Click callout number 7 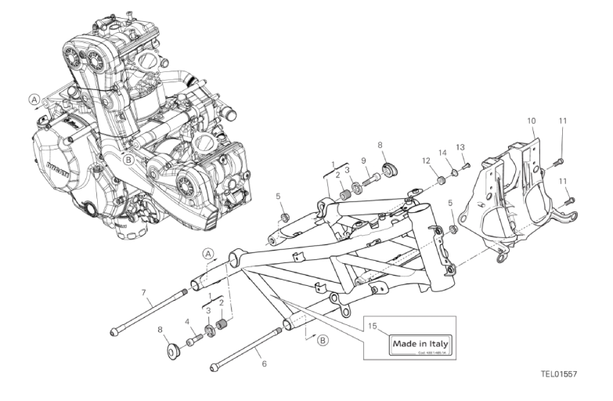click(x=143, y=293)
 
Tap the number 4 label click(x=186, y=321)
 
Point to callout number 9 click(x=364, y=161)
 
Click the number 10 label click(x=532, y=121)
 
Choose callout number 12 click(x=427, y=161)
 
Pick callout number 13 click(x=461, y=146)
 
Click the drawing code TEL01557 click(x=558, y=374)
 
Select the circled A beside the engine click(x=34, y=99)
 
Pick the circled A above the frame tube click(x=207, y=252)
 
